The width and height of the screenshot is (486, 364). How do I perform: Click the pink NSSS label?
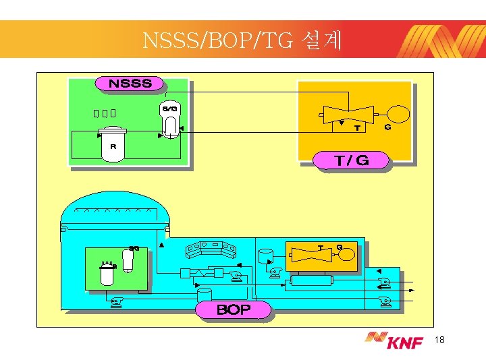130,84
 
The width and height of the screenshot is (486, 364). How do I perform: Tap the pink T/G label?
352,160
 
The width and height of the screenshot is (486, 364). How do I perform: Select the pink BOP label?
233,310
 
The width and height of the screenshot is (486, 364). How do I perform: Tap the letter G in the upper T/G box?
387,127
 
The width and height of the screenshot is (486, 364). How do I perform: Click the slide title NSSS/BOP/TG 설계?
242,41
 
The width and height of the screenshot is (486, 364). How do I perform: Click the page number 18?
441,341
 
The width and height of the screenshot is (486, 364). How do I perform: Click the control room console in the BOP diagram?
211,249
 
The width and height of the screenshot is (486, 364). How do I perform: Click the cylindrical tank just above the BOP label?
203,294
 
